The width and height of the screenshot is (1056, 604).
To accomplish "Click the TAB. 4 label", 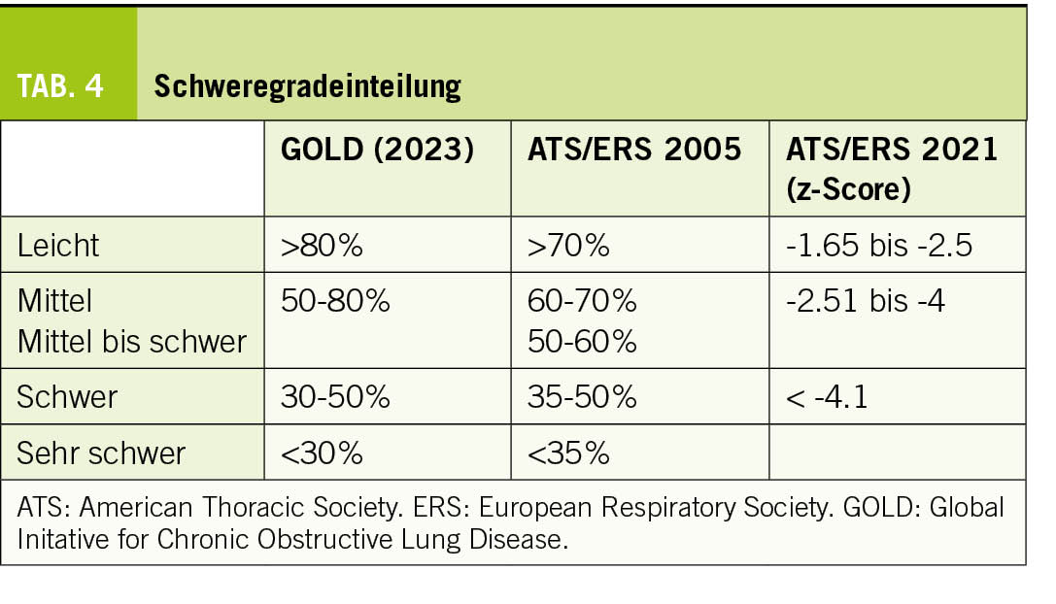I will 60,86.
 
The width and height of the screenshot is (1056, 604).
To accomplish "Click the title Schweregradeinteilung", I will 307,86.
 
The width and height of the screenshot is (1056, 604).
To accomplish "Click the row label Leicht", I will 58,245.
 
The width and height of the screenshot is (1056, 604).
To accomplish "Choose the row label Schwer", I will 67,396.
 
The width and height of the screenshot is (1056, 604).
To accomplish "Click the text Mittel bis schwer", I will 132,341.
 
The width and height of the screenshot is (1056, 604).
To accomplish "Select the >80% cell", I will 322,245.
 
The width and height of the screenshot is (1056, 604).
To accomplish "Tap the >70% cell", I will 568,245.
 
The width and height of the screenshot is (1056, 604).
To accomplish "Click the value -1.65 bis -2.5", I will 879,245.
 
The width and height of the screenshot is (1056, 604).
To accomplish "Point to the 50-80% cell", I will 335,301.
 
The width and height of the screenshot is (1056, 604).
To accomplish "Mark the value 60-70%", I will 582,301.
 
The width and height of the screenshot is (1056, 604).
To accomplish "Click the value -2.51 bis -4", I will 866,301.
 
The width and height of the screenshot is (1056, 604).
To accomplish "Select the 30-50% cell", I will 335,396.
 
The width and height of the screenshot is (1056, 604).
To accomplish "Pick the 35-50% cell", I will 582,396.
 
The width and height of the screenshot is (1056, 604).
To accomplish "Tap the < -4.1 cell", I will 828,396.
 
